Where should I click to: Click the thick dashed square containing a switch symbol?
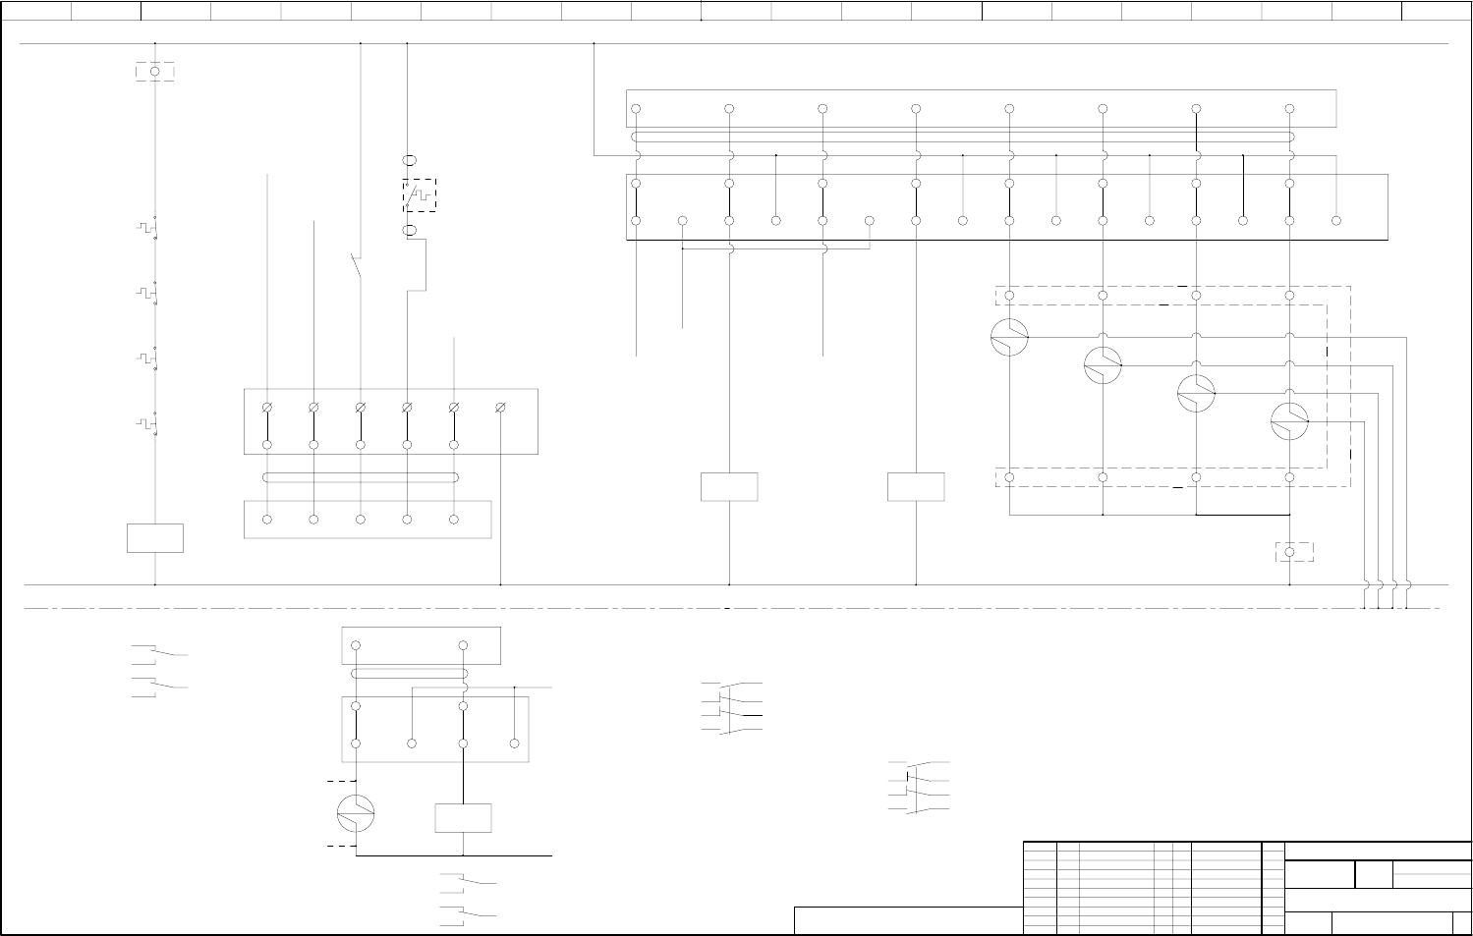coord(420,195)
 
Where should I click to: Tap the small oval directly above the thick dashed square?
coord(411,159)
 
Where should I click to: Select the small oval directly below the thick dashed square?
coord(411,231)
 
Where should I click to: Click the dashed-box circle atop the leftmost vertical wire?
coord(155,72)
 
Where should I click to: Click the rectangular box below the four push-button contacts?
coord(155,538)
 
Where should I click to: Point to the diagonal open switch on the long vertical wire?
coord(357,265)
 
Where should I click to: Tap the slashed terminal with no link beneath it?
coord(500,407)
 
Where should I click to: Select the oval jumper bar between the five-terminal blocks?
coord(361,478)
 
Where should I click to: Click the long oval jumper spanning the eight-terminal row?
coord(962,138)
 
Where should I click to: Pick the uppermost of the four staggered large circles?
coord(1009,337)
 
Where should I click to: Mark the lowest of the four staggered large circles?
coord(1289,421)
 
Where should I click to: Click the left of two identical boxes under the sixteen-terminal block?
coord(729,487)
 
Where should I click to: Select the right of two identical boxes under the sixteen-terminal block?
coord(916,487)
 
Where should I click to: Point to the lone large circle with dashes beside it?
coord(356,813)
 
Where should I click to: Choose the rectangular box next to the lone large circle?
coord(463,818)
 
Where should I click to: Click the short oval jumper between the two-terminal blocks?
coord(409,674)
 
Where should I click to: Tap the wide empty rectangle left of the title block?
coord(908,920)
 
